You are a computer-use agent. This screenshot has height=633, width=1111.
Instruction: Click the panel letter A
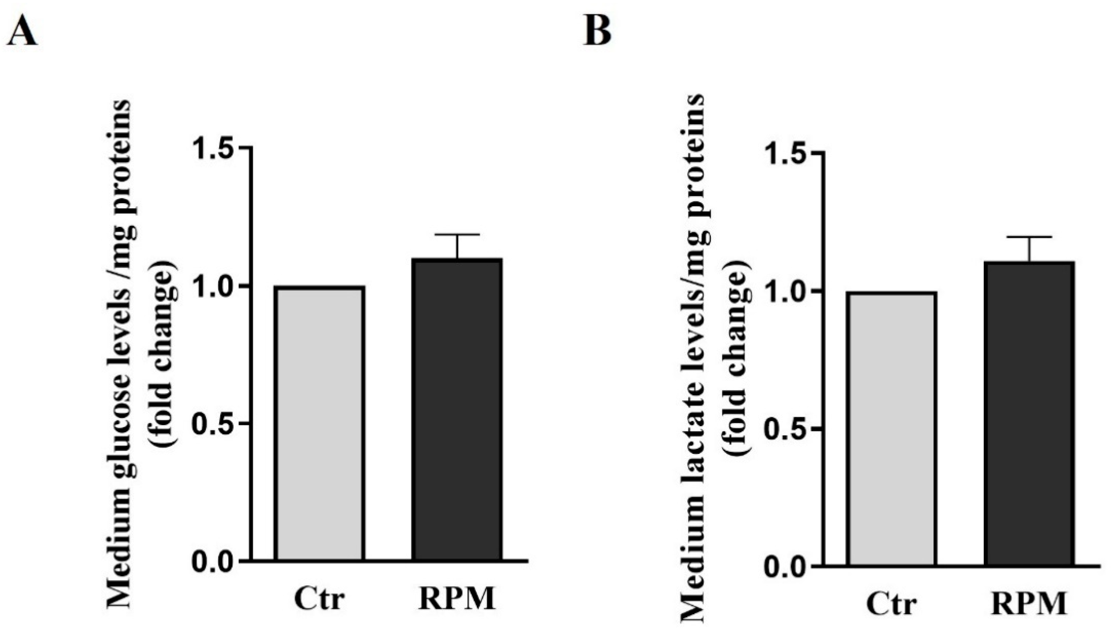click(22, 33)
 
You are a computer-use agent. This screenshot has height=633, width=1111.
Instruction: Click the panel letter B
click(597, 33)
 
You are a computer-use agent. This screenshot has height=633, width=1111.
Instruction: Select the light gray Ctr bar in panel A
click(320, 423)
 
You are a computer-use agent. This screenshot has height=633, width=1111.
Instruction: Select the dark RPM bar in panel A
click(457, 409)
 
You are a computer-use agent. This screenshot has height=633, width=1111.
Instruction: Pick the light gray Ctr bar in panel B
click(892, 429)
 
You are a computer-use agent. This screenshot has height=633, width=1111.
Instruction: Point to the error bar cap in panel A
click(457, 234)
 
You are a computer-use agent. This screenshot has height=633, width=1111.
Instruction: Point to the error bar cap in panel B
click(1029, 237)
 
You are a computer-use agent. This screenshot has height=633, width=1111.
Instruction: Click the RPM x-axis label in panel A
click(457, 599)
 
